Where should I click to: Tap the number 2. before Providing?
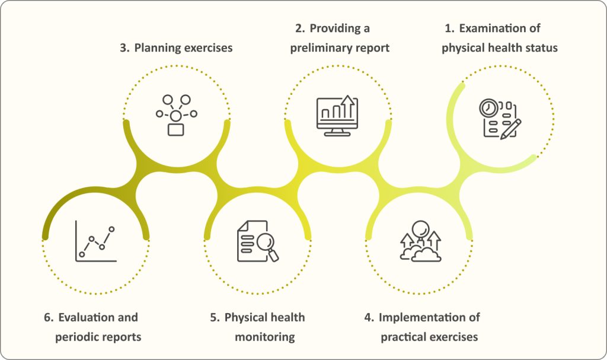300,28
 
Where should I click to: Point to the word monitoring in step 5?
265,337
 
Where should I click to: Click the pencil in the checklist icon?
510,129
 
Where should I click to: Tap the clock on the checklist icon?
488,108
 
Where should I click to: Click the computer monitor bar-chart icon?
337,116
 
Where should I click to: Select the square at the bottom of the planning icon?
175,129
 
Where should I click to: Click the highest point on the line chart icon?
111,230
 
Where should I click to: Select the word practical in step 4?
403,337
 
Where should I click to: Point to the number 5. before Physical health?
215,318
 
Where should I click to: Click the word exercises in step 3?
208,48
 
